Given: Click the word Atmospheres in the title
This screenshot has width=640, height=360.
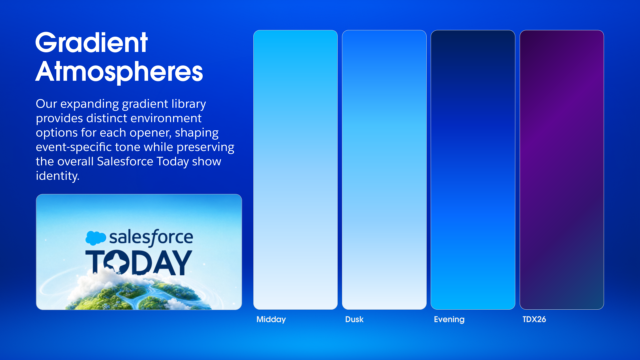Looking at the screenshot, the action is point(119,72).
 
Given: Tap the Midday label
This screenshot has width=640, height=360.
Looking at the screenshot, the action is point(271,319).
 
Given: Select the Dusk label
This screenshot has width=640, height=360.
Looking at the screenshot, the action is point(354,319).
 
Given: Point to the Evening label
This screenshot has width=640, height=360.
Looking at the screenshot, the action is point(449,319).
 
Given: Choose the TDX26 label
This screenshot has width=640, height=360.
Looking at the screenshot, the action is point(534,319).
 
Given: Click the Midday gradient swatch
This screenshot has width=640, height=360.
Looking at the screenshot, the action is point(295,170).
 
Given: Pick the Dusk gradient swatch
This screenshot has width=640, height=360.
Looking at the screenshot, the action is point(384,170).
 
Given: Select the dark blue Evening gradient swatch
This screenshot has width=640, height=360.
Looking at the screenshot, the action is point(473,170).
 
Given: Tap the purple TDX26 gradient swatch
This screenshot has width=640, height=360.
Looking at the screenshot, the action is point(562,170).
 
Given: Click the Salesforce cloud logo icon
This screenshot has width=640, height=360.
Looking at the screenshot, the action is point(96,238).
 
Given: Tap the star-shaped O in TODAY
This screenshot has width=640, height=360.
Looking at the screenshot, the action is point(116,263).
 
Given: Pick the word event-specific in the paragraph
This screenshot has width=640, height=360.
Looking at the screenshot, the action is point(74,147).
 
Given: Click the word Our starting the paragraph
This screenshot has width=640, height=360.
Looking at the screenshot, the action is point(46,104).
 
